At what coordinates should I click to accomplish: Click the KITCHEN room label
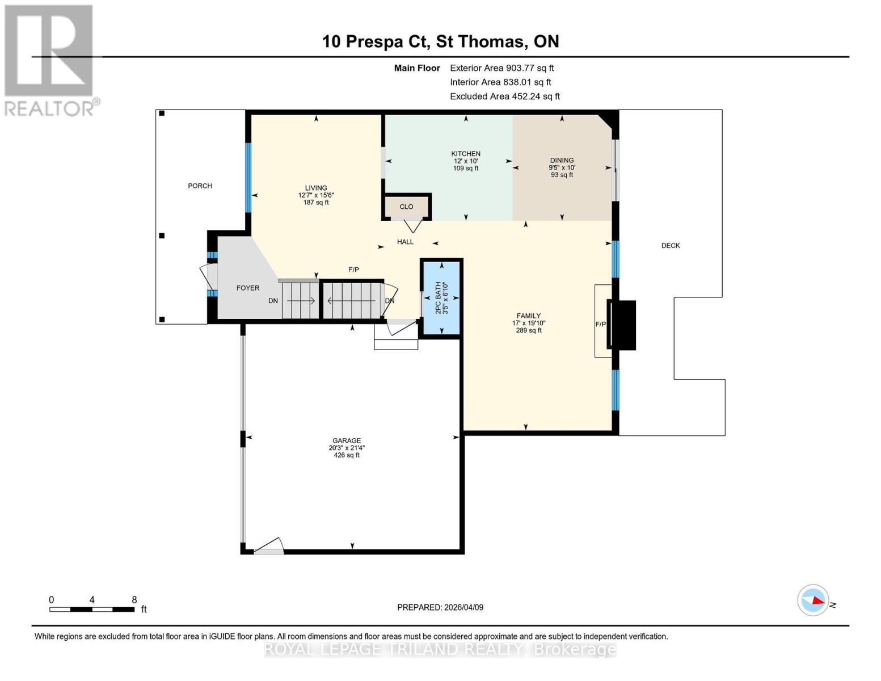click(465, 154)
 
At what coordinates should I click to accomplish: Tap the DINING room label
click(562, 161)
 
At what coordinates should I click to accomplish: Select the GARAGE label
click(347, 440)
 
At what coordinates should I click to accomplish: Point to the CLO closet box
click(406, 207)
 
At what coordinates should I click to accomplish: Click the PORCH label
click(200, 186)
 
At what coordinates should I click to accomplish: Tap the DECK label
click(670, 245)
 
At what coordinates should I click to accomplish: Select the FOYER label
click(248, 288)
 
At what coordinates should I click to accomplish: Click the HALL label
click(405, 242)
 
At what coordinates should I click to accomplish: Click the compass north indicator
click(813, 600)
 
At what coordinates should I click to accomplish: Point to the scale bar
click(92, 609)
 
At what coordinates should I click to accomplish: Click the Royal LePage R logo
click(49, 51)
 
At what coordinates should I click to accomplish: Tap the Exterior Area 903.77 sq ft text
click(501, 68)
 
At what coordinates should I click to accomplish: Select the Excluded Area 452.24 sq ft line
click(504, 96)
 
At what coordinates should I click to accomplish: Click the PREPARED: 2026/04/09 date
click(440, 607)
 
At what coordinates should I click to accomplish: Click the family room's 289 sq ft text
click(528, 330)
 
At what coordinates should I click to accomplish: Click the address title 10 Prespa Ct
click(376, 41)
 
